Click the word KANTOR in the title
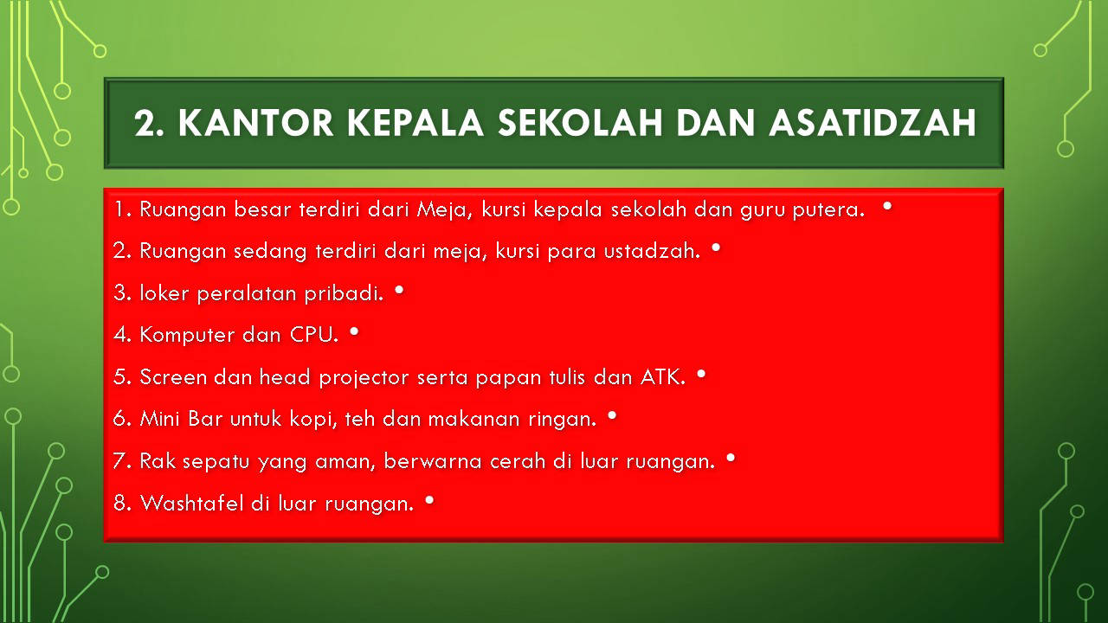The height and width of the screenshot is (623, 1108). coord(255,123)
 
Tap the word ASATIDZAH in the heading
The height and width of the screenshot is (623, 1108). coord(873,123)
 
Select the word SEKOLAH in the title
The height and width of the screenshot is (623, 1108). coord(580,123)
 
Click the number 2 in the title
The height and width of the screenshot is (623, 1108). coord(145,123)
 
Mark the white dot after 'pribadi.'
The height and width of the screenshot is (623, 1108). coord(399,290)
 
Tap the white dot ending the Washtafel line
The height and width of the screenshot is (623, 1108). coord(429,500)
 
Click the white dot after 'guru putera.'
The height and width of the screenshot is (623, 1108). coord(887,206)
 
